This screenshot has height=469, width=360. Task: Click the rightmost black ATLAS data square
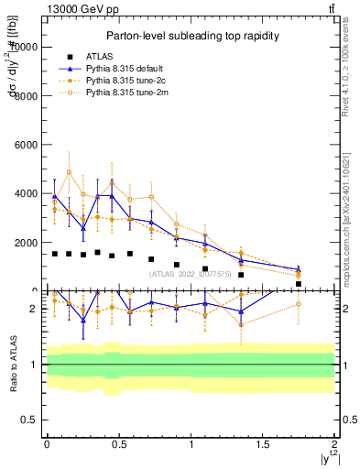299,284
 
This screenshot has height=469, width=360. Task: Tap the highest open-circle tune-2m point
69,172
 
